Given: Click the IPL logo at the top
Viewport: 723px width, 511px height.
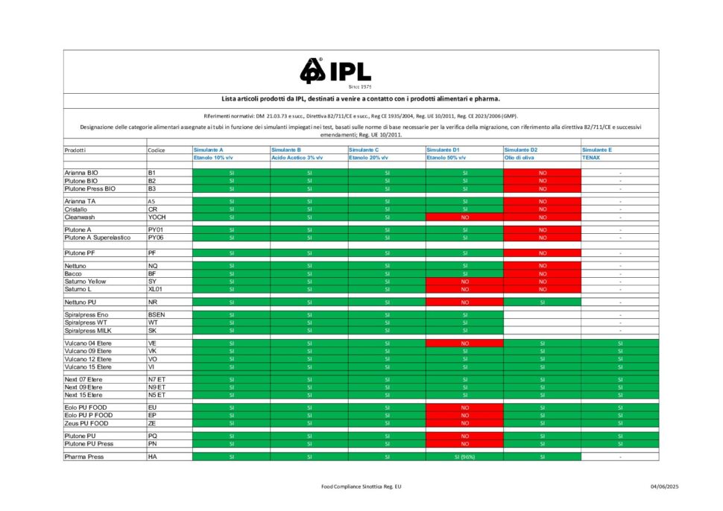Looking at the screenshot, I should pyautogui.click(x=335, y=72).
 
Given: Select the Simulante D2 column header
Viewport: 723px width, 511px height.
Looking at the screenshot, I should pyautogui.click(x=520, y=150).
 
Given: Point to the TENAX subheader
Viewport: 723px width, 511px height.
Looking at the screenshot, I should pyautogui.click(x=591, y=158).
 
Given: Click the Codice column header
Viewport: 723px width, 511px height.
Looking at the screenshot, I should pyautogui.click(x=157, y=150).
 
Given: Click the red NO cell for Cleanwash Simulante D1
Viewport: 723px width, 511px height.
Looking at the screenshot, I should pyautogui.click(x=464, y=218).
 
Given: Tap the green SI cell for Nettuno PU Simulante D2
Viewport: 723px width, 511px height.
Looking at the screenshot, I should pyautogui.click(x=542, y=302).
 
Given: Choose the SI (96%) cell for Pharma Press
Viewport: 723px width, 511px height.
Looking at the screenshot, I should pyautogui.click(x=464, y=457).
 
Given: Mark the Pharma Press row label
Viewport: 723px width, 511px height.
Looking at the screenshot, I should pyautogui.click(x=83, y=457).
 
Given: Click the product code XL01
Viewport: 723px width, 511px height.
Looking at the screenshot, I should pyautogui.click(x=155, y=289).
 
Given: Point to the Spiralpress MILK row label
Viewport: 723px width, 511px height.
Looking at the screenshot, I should pyautogui.click(x=87, y=330).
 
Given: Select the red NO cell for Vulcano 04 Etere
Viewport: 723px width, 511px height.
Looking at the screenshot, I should pyautogui.click(x=464, y=343).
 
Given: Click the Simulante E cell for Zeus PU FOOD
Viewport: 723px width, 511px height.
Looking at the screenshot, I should pyautogui.click(x=619, y=423).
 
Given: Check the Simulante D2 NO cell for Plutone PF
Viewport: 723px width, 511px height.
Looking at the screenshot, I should pyautogui.click(x=542, y=253).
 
